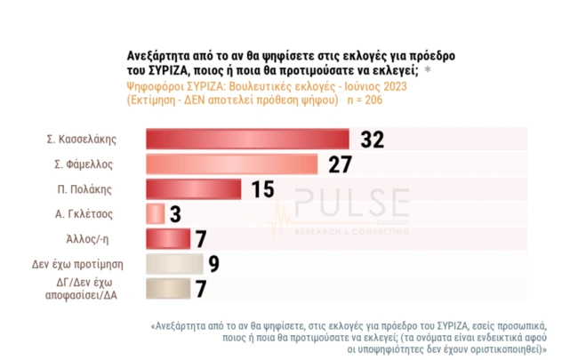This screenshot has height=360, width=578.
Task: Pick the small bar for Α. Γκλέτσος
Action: [154, 214]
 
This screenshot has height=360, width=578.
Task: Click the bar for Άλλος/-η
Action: [166, 239]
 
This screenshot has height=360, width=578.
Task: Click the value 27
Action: [340, 164]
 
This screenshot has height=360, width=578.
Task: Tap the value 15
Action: [263, 189]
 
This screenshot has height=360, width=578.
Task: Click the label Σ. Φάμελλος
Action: [87, 164]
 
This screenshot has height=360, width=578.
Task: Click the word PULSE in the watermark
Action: [351, 203]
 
